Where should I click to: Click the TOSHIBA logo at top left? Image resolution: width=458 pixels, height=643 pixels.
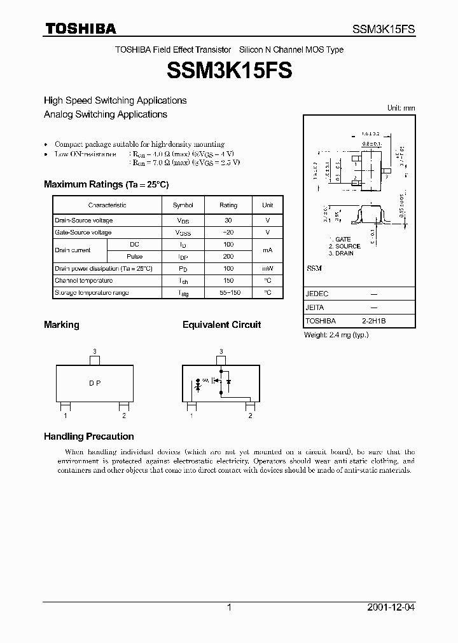coord(80,29)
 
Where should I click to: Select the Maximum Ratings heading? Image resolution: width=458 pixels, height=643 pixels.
coord(106,184)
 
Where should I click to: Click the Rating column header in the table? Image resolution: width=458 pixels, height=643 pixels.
coord(228,205)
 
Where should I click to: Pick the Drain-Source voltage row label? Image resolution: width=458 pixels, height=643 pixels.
coord(84,220)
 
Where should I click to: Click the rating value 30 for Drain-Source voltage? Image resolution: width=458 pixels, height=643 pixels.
coord(228,220)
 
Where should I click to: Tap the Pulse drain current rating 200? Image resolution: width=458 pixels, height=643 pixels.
coord(228,257)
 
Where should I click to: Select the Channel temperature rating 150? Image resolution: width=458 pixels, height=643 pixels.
coord(228,280)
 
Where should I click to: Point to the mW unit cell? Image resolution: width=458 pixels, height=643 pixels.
coord(268,269)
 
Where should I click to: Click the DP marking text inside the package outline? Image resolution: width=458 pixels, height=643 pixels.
coord(94,384)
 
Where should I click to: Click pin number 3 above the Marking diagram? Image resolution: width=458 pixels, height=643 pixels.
coord(94,351)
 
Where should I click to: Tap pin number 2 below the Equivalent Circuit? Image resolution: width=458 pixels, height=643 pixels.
coord(251,416)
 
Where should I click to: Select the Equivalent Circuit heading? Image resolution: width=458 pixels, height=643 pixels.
coord(221,325)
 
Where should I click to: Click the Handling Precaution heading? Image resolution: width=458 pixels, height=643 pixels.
coord(88,437)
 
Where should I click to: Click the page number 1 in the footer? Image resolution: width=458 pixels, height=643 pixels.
coord(229,607)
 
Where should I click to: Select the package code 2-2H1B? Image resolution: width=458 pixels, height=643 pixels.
coord(374,321)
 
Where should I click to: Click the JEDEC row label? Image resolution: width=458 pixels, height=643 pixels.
coord(316,295)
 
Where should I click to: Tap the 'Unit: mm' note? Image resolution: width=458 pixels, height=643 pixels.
coord(401,108)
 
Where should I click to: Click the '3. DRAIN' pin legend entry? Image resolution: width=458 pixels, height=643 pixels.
coord(341,253)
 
